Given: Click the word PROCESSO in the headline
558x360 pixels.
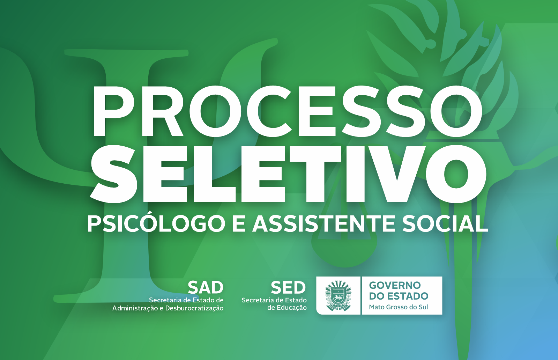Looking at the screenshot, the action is coord(288,111).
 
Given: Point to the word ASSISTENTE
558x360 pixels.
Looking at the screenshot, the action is coord(323,223).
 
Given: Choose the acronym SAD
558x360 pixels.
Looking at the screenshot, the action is coord(206,287).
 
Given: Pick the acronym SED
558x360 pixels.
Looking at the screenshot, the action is coord(288,287).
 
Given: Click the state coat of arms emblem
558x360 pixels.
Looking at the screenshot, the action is coord(338,295).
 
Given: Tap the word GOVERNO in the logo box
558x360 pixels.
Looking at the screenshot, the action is coord(395,285).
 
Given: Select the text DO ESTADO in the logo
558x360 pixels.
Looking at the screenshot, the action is coord(399,296).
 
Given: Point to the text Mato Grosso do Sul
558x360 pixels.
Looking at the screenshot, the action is coord(398,307).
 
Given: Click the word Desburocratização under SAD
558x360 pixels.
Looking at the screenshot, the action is coord(194,308).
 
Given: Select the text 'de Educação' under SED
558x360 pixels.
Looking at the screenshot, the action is coord(287,308).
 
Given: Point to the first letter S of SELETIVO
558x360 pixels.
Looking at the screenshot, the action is coord(114,174).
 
